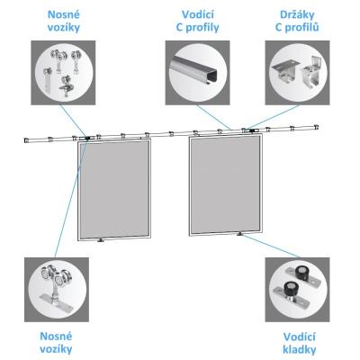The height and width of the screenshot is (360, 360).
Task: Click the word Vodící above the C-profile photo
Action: click(x=197, y=14)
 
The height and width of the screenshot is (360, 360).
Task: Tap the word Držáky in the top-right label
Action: click(x=297, y=14)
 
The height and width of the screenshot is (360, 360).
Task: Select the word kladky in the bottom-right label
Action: click(x=299, y=349)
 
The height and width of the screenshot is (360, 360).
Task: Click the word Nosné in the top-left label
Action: click(x=64, y=14)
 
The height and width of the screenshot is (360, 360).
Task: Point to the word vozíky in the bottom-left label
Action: click(x=56, y=349)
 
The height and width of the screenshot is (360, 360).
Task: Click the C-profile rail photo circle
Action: click(x=197, y=73)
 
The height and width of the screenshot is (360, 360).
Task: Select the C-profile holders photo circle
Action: click(x=297, y=73)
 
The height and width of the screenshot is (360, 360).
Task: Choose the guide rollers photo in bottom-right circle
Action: click(x=297, y=290)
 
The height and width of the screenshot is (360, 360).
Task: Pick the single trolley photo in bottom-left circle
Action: click(x=57, y=290)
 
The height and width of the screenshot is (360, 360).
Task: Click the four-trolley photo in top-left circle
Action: click(x=63, y=73)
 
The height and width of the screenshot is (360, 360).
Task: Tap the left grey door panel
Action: click(x=114, y=190)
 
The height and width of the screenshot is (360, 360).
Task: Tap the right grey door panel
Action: click(x=226, y=184)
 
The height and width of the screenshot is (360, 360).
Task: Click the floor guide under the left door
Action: click(x=101, y=240)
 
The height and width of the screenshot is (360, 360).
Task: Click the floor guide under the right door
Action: click(x=239, y=234)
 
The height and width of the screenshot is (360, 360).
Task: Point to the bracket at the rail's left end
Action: click(x=26, y=140)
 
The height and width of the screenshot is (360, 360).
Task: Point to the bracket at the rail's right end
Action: click(x=316, y=127)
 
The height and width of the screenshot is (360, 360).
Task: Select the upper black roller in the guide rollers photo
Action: click(x=301, y=272)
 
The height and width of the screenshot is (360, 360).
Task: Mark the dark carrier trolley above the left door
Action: click(x=87, y=139)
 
